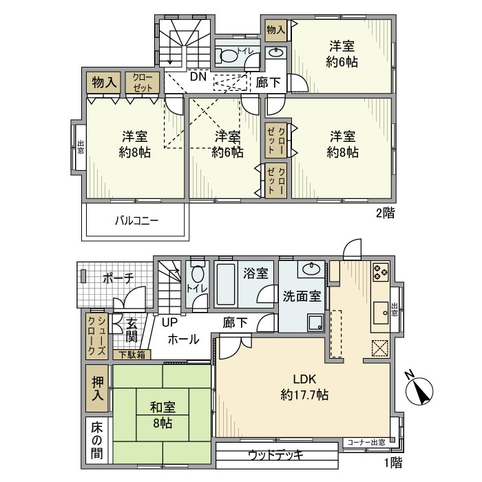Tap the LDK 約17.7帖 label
304,387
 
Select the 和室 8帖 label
163,415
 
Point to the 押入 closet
98,388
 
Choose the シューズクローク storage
97,336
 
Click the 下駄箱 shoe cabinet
132,355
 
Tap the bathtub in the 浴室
226,284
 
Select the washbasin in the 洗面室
311,269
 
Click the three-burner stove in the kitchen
381,272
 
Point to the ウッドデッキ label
275,454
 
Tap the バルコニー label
137,221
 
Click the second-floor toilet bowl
229,56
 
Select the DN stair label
198,76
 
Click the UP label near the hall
169,322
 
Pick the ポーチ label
118,278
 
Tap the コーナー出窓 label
366,442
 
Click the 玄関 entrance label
132,331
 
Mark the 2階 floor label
385,213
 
